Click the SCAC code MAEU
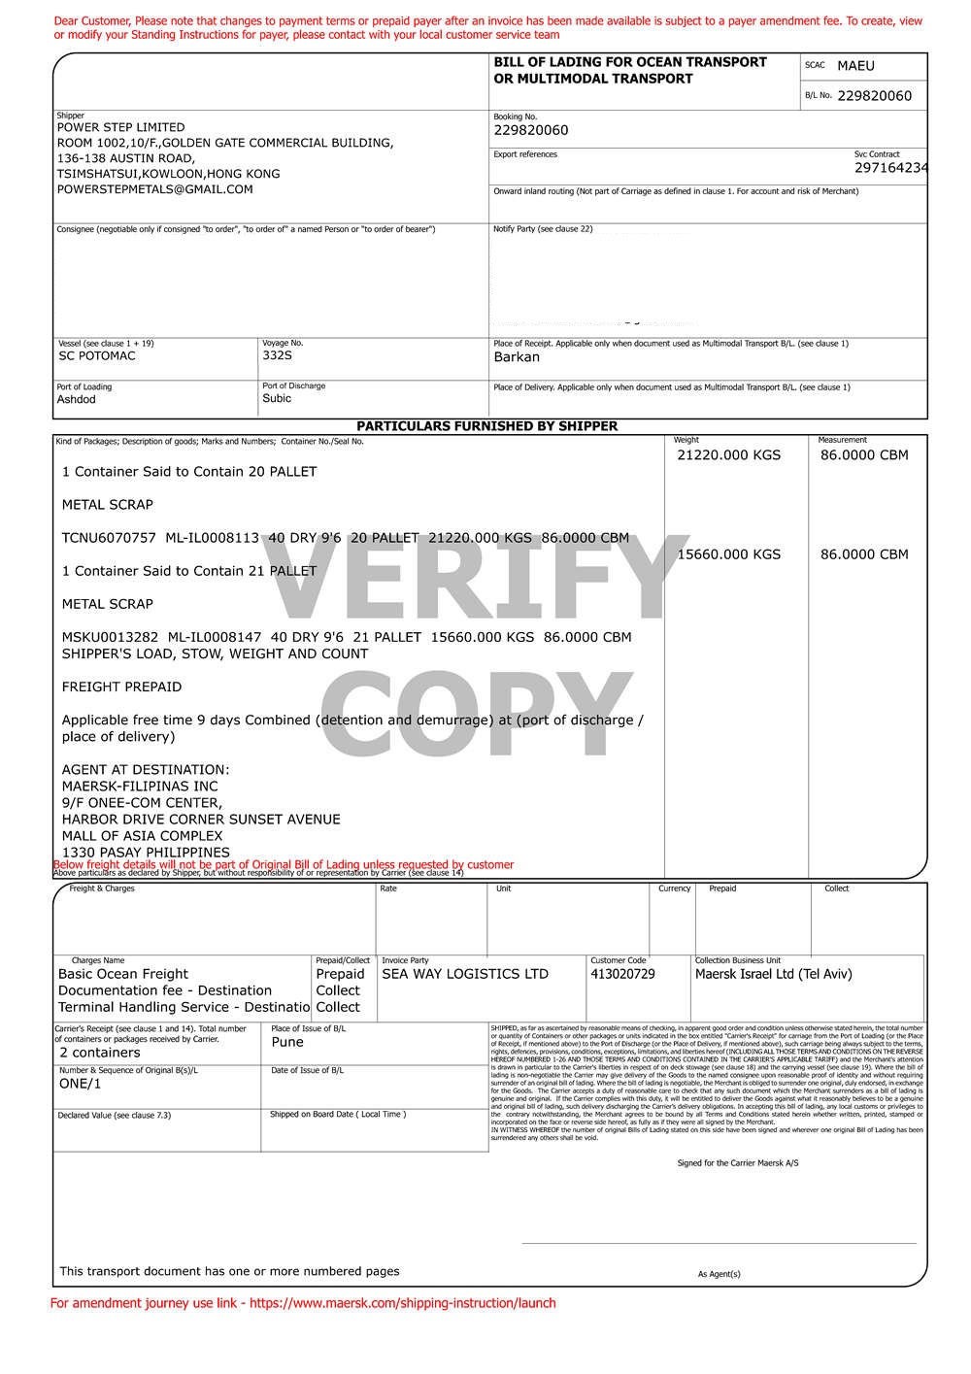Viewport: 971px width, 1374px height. [x=855, y=66]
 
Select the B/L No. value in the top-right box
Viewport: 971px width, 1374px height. [x=874, y=96]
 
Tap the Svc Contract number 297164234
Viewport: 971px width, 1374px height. [x=890, y=168]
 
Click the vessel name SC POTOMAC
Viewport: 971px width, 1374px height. [x=97, y=356]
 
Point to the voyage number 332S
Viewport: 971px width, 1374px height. [x=277, y=356]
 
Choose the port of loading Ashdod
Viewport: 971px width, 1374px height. [x=77, y=400]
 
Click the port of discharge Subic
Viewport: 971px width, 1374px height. [x=277, y=398]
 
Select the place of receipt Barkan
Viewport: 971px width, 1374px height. [x=517, y=357]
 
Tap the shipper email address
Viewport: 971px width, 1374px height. [x=155, y=189]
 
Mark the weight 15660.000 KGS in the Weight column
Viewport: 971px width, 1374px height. [x=728, y=554]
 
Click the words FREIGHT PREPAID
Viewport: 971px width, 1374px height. [x=121, y=687]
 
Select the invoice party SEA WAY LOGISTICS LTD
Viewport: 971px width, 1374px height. [x=465, y=974]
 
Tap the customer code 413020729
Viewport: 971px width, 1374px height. [x=622, y=974]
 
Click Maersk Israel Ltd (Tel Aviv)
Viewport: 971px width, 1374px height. [x=773, y=974]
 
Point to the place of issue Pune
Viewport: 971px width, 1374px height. [x=287, y=1042]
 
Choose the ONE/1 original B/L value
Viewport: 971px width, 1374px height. [x=80, y=1084]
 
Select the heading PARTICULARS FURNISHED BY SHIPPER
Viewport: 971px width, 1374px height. [x=486, y=426]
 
